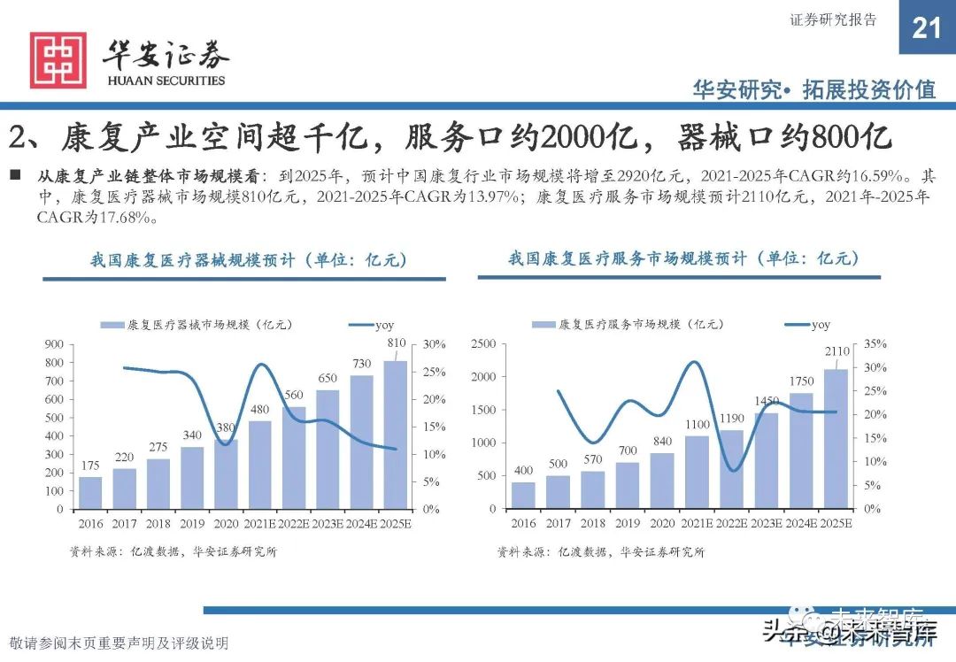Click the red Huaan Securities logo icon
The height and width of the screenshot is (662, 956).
click(58, 60)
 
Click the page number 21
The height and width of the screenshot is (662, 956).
click(926, 28)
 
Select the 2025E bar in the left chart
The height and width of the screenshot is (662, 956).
click(396, 435)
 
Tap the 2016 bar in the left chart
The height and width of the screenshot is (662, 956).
click(90, 492)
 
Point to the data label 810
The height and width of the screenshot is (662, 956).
click(396, 343)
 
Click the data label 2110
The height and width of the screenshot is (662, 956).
click(836, 351)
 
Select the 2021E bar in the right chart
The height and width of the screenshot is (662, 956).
click(698, 472)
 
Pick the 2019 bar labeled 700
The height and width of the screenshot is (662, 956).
click(627, 485)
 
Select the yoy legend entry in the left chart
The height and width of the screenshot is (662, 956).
click(372, 325)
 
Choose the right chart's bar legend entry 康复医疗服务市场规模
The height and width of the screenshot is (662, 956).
click(620, 325)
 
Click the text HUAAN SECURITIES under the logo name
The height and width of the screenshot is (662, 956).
click(166, 81)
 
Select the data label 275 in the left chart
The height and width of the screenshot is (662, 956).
click(158, 447)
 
